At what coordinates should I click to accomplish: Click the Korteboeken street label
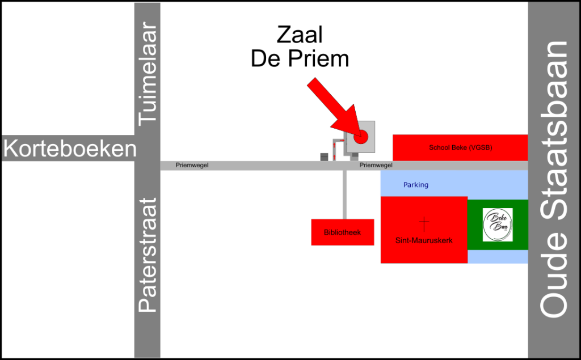[x=70, y=149]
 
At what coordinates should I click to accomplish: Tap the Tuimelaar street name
[x=148, y=74]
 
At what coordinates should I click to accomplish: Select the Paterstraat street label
[x=148, y=255]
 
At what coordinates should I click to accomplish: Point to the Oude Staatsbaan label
[x=554, y=179]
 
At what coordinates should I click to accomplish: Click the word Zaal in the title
[x=300, y=35]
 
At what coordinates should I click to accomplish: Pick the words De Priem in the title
[x=300, y=59]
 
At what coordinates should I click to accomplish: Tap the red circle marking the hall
[x=360, y=137]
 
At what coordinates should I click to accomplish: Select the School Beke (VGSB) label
[x=461, y=147]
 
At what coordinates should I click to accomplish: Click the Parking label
[x=416, y=184]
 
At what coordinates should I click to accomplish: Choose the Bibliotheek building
[x=342, y=232]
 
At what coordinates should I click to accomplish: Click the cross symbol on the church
[x=424, y=224]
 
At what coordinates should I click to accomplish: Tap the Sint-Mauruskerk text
[x=424, y=240]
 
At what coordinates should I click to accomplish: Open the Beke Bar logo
[x=498, y=225]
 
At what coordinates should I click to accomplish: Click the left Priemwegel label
[x=192, y=165]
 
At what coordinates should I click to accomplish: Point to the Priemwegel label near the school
[x=376, y=165]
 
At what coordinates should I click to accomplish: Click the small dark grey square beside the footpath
[x=324, y=157]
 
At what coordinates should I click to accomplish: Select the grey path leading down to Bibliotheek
[x=344, y=195]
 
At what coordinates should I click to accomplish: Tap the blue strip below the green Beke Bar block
[x=498, y=257]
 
